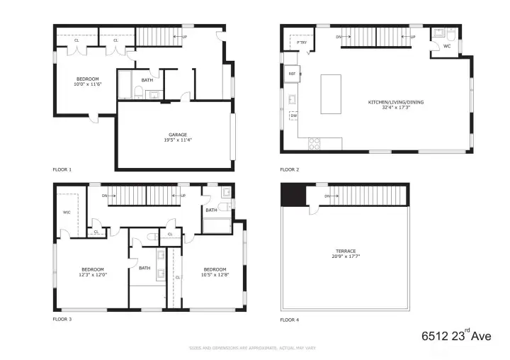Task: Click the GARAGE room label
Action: (x=178, y=135)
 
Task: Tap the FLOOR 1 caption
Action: (x=62, y=169)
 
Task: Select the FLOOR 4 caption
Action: (x=289, y=320)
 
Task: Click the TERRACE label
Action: (x=346, y=251)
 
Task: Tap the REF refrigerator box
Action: (x=291, y=73)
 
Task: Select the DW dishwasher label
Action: (x=293, y=116)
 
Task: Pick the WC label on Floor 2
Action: (x=446, y=46)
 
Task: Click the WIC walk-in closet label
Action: (x=67, y=212)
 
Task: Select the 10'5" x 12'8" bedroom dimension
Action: (x=215, y=276)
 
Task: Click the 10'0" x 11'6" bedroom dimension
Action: (x=88, y=85)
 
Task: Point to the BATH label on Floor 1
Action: (x=147, y=80)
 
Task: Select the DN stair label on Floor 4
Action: (x=327, y=196)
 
